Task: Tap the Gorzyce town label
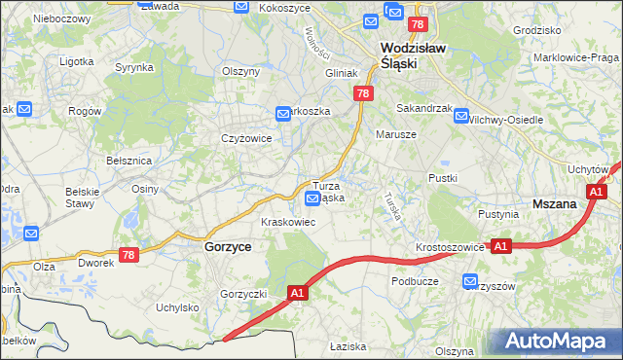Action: (x=229, y=247)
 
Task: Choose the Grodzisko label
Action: (x=538, y=30)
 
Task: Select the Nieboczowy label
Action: (x=61, y=18)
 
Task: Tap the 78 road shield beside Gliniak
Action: (x=362, y=93)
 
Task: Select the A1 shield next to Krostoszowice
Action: (x=500, y=247)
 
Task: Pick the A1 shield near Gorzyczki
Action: (x=299, y=291)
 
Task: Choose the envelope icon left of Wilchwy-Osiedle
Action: (x=460, y=112)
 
